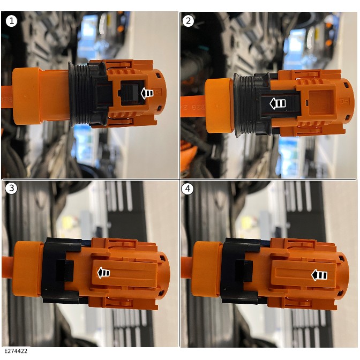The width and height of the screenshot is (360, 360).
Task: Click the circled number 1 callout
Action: coord(11,21)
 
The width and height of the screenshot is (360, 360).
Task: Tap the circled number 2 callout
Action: coord(188,21)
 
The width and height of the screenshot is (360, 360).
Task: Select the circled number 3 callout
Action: coord(11,189)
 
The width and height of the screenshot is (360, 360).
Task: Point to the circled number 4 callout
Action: coord(187,189)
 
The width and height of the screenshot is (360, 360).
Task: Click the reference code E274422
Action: coord(16,351)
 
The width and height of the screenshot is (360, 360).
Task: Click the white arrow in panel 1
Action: coord(147,93)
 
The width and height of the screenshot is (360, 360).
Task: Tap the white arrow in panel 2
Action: coord(277,103)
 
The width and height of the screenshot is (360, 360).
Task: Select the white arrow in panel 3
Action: coord(103,273)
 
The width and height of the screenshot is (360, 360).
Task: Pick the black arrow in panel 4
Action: coord(319,275)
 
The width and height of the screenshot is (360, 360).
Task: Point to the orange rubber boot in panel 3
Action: coord(27,269)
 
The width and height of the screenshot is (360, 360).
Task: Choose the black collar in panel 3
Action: coord(62,271)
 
